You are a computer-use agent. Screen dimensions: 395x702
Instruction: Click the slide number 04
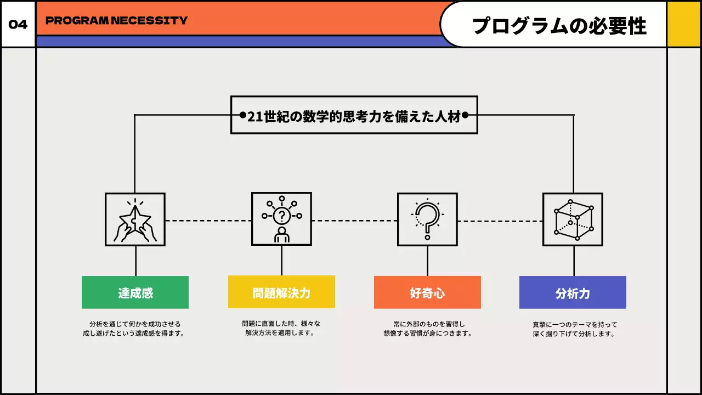point(18,25)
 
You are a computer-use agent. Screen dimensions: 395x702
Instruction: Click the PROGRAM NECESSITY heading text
point(116,21)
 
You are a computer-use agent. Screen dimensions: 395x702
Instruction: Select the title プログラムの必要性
point(559,25)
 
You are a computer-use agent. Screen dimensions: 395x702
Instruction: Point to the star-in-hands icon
point(135,219)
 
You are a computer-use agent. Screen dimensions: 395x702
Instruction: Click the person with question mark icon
point(281,219)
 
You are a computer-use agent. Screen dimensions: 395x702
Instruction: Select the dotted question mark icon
point(427,219)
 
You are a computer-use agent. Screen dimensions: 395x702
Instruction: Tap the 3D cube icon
point(573,219)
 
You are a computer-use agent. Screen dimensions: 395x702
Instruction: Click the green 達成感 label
point(135,292)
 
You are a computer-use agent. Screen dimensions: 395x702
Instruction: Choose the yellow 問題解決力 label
point(281,292)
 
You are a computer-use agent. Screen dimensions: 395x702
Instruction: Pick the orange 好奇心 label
point(427,292)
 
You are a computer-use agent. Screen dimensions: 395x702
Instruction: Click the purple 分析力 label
point(573,292)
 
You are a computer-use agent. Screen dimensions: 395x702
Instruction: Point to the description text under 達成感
point(135,329)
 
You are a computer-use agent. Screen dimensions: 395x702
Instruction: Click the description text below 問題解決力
point(281,328)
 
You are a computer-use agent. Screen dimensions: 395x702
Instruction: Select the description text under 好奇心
point(427,329)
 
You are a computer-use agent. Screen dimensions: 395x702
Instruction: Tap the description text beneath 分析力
point(573,329)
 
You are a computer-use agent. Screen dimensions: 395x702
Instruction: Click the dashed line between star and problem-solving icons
point(208,221)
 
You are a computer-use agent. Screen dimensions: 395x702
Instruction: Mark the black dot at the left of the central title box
point(242,115)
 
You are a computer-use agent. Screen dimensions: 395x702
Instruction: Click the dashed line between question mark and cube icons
point(500,221)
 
